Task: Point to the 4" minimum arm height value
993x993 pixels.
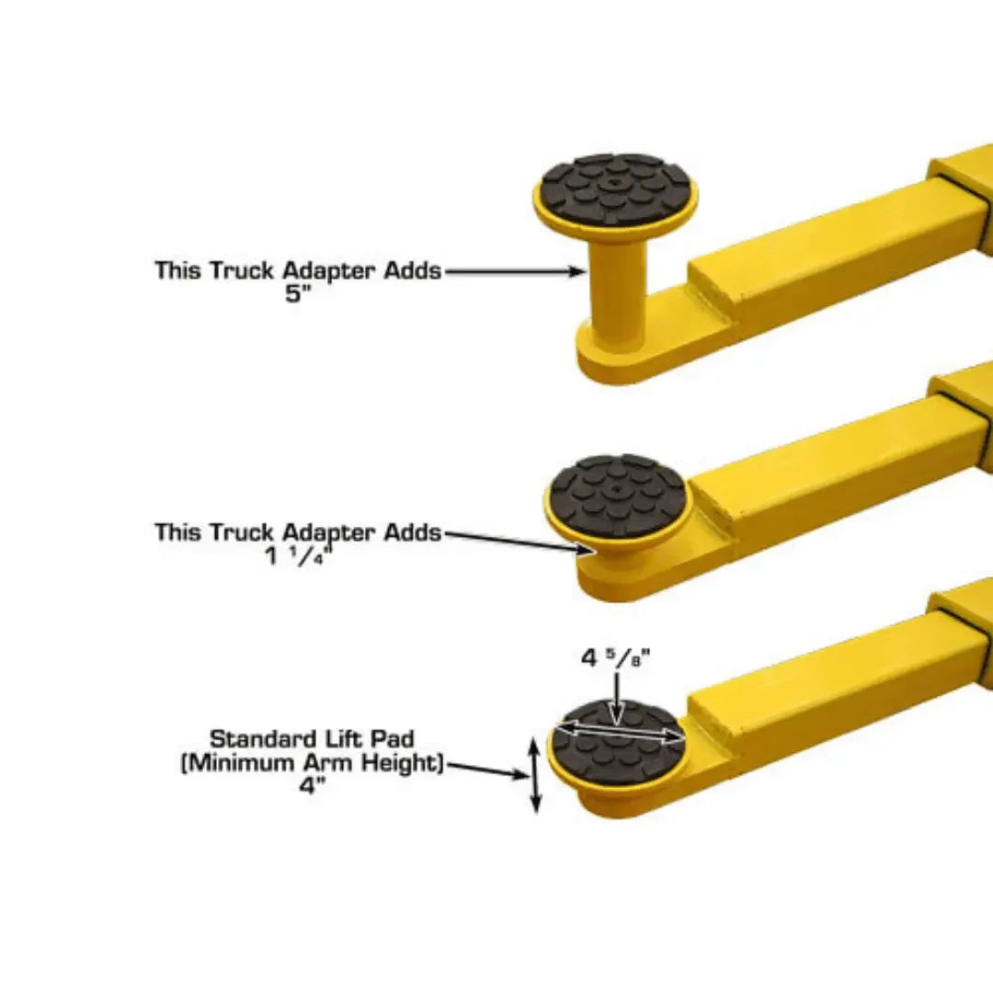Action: point(313,787)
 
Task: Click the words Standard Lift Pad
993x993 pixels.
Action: point(312,739)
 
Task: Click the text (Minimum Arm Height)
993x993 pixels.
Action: point(312,763)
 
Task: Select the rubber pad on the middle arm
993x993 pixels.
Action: point(617,495)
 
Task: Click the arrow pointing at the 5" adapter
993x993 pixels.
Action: point(515,271)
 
